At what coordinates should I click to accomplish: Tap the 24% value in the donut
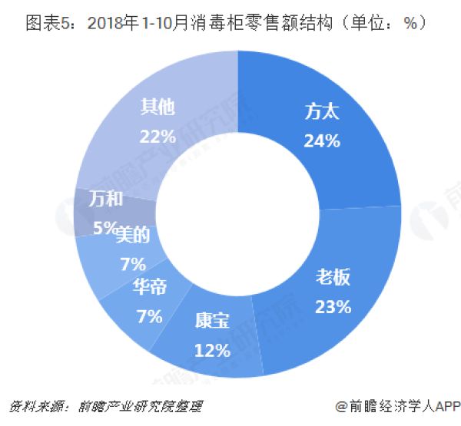(322, 140)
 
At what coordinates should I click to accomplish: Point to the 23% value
(333, 306)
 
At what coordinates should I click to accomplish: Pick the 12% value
(213, 351)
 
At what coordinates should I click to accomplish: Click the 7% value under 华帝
(149, 315)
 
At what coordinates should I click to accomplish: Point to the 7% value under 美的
(133, 264)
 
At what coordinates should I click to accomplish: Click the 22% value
(158, 135)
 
